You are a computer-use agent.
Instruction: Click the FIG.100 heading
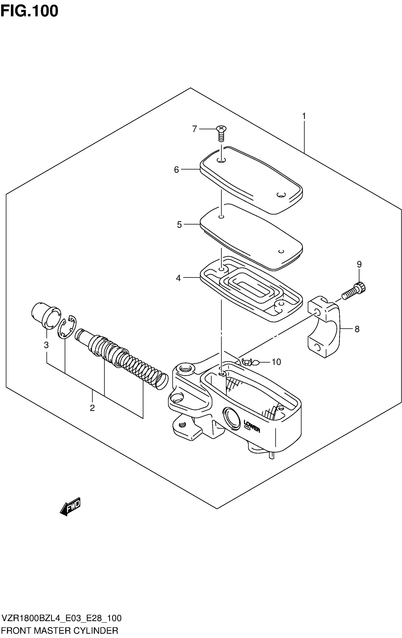(x=29, y=11)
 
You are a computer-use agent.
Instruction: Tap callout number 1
(x=304, y=116)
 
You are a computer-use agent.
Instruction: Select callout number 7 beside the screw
(x=194, y=129)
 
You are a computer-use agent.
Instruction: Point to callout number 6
(x=176, y=170)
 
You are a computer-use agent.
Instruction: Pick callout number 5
(x=179, y=225)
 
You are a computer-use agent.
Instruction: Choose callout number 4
(x=178, y=278)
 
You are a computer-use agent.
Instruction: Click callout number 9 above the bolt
(x=359, y=264)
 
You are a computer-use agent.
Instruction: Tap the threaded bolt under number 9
(x=354, y=291)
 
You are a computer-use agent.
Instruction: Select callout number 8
(x=357, y=329)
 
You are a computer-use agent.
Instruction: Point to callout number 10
(x=276, y=362)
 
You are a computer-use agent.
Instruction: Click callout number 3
(x=46, y=345)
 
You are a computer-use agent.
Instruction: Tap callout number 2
(x=92, y=408)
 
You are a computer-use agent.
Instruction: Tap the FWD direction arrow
(x=70, y=506)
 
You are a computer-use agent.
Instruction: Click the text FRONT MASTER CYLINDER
(x=59, y=630)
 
